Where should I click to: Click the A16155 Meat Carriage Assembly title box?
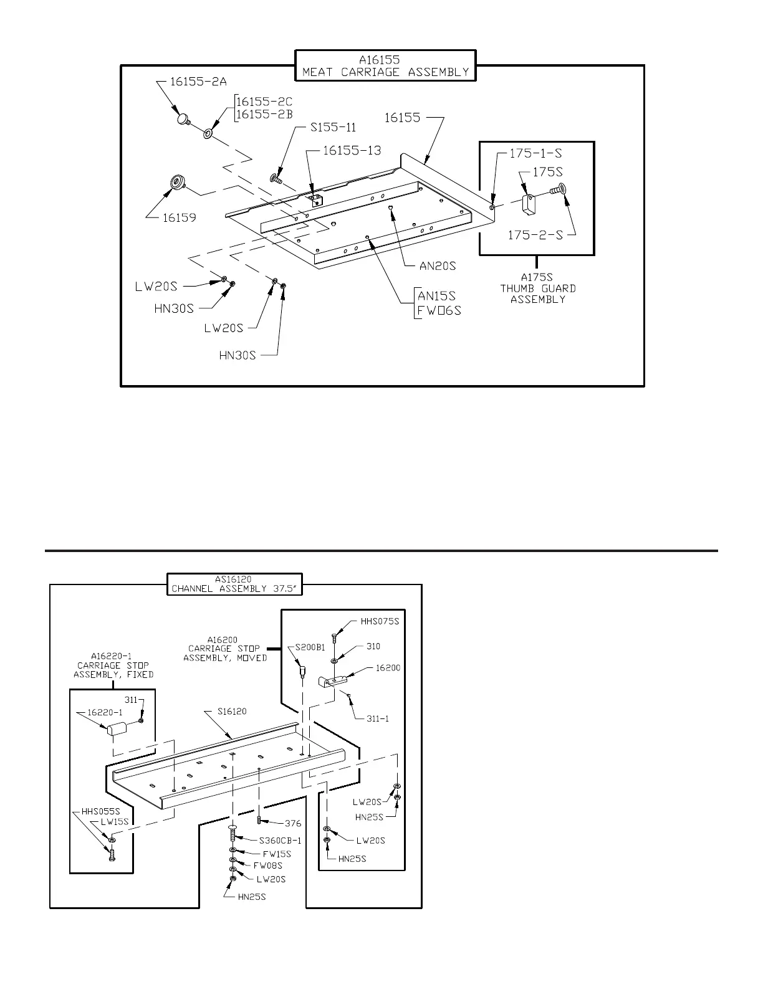click(x=385, y=66)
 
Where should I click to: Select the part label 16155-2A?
click(x=199, y=82)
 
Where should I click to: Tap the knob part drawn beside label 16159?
click(x=177, y=184)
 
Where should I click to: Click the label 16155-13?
click(x=352, y=150)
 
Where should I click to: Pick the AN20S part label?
click(x=437, y=266)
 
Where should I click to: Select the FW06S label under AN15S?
click(x=439, y=310)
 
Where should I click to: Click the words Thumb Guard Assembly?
click(x=537, y=288)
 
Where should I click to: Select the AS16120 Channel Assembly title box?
click(x=234, y=584)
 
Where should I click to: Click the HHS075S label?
click(x=379, y=621)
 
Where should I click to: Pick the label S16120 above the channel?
click(x=232, y=711)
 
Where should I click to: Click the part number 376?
click(x=292, y=823)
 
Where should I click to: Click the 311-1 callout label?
click(x=378, y=718)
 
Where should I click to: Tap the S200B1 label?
click(x=309, y=647)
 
